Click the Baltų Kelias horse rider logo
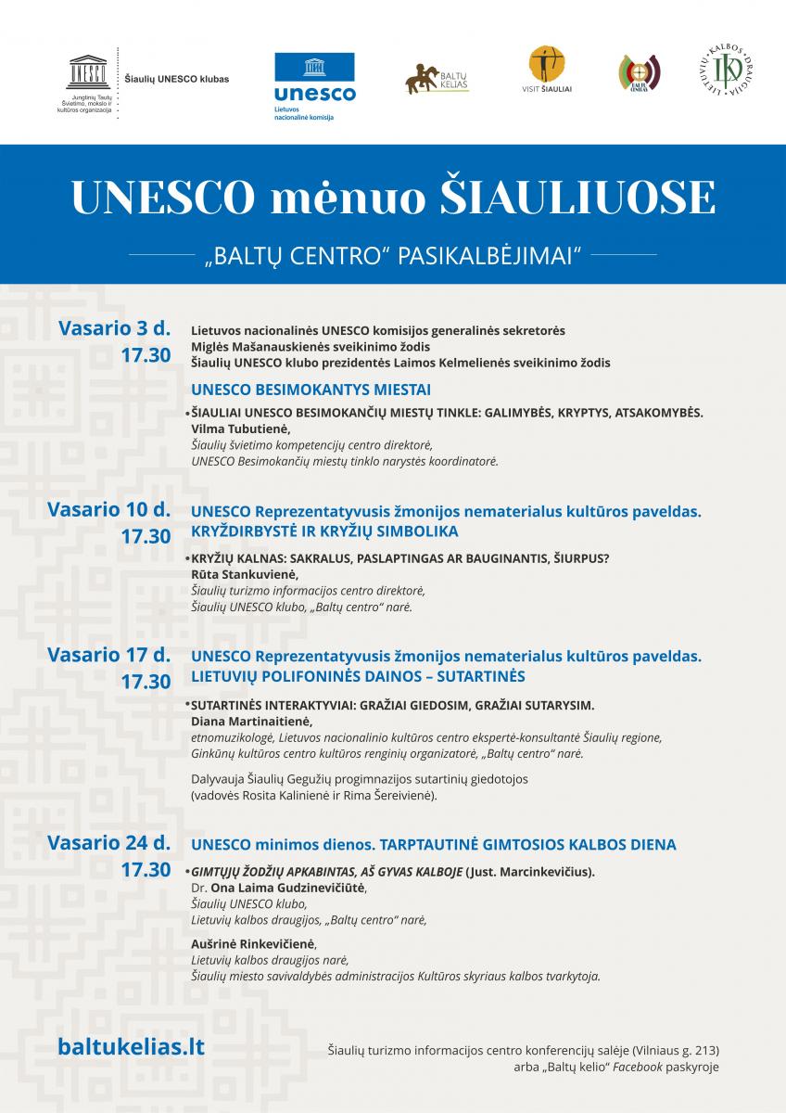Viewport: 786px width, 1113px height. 436,78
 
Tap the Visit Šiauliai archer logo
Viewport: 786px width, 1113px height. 546,70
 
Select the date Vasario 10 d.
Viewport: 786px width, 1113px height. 109,509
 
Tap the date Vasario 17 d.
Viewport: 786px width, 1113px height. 109,655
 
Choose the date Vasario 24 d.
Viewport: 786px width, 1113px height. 109,843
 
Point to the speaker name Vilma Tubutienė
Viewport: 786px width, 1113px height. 240,429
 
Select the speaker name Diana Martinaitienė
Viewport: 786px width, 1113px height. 251,721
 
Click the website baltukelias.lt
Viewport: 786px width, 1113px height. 131,1046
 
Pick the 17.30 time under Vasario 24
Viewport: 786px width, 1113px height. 146,870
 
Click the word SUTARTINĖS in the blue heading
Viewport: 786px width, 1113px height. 474,676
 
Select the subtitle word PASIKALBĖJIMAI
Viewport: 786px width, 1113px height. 488,254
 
